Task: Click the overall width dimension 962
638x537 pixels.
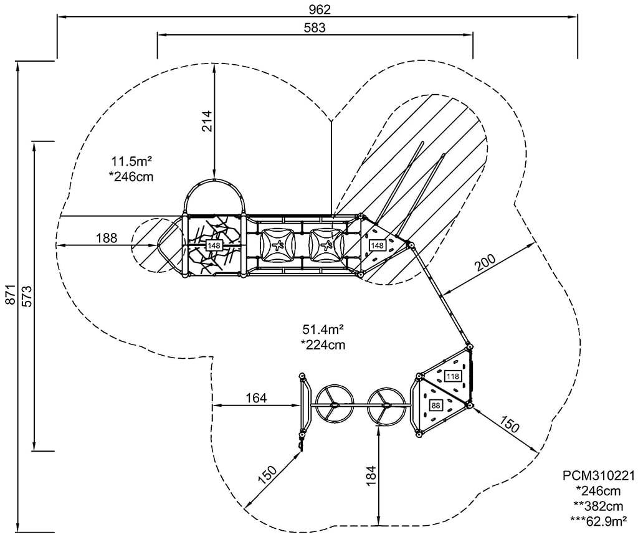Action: [318, 9]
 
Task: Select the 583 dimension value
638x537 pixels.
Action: [315, 27]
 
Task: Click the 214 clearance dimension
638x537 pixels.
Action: [206, 121]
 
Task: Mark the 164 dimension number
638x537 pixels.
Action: [255, 397]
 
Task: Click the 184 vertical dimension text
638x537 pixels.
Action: [370, 477]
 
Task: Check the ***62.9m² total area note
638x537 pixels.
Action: [599, 518]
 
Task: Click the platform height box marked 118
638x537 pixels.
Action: [452, 376]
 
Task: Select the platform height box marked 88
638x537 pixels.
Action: [435, 406]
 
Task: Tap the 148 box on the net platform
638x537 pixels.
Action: [214, 245]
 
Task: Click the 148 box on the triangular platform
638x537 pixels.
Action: [378, 245]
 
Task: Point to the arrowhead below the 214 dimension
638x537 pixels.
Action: [214, 176]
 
